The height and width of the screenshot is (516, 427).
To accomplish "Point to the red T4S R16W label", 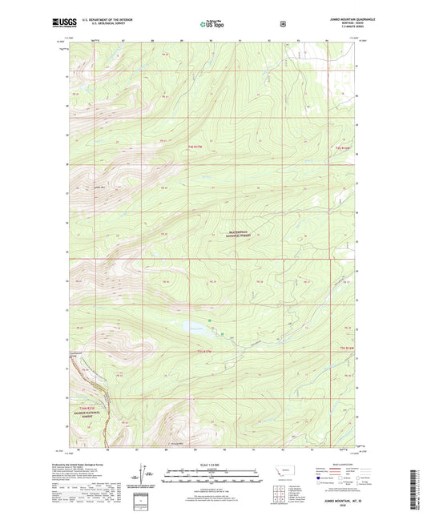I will pos(343,147).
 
